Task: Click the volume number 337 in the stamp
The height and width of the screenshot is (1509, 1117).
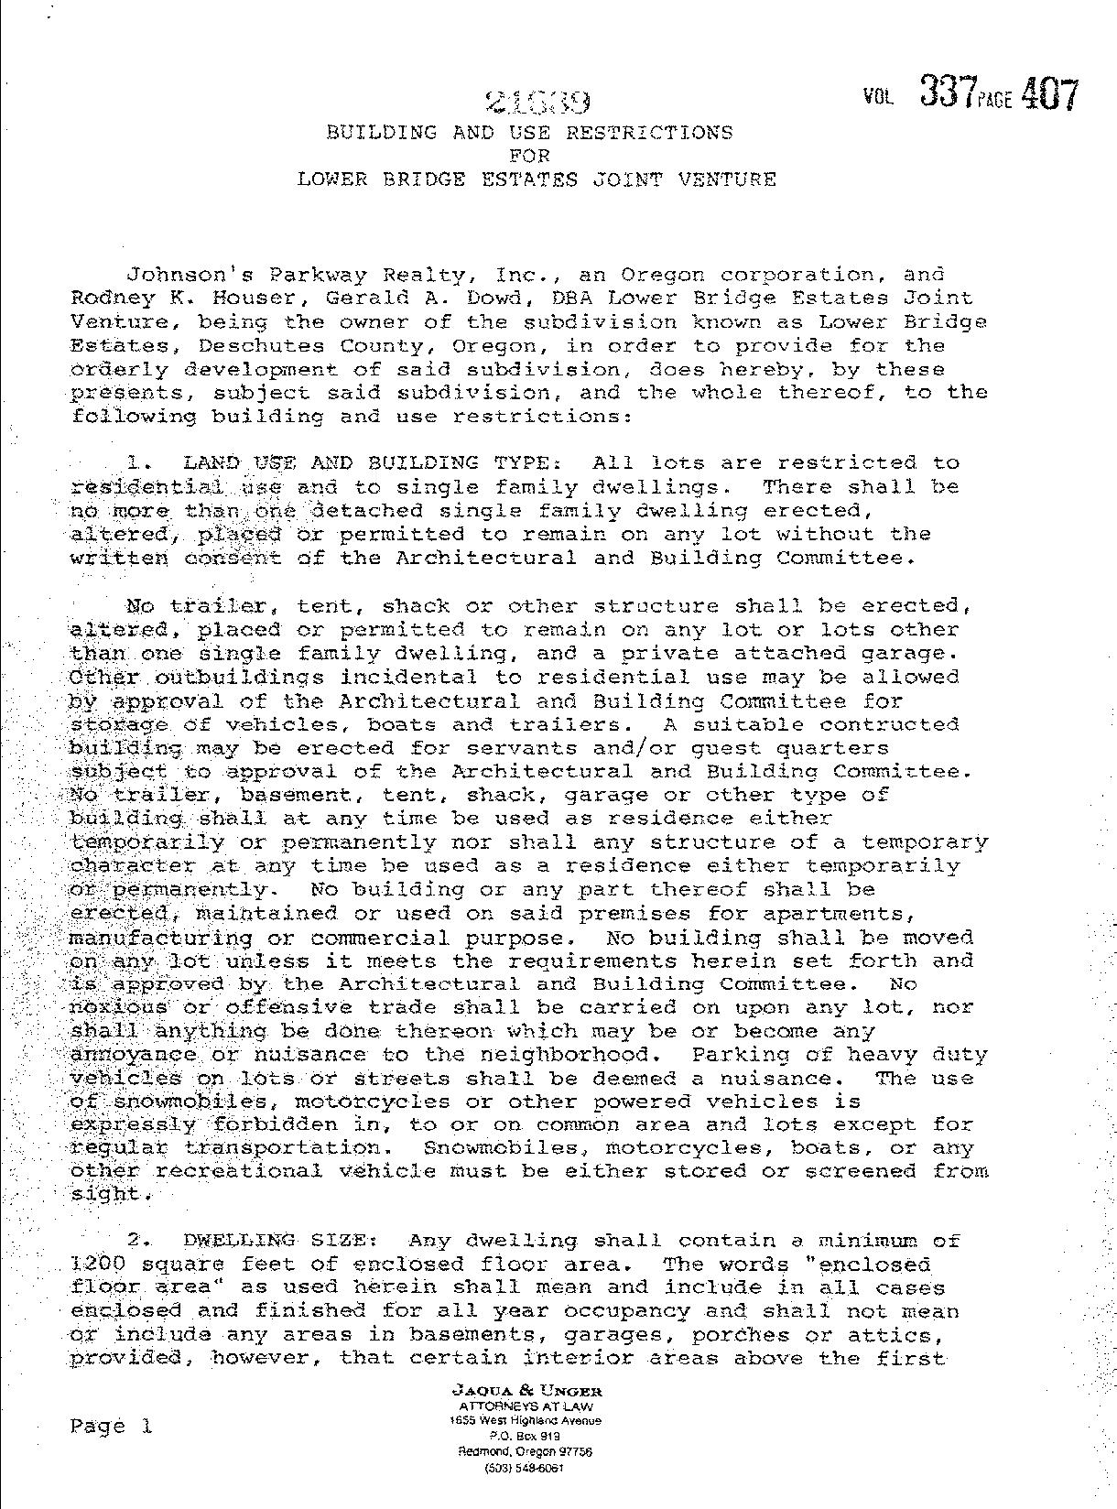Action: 949,93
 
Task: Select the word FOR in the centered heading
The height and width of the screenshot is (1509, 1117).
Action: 529,156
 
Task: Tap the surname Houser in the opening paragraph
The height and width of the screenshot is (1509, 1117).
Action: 211,299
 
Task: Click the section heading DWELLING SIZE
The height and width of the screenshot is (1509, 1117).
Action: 279,1242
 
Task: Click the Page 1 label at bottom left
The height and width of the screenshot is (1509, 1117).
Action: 110,1426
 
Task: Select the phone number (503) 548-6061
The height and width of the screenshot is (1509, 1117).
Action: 526,1468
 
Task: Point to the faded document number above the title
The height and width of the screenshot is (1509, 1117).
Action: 538,101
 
